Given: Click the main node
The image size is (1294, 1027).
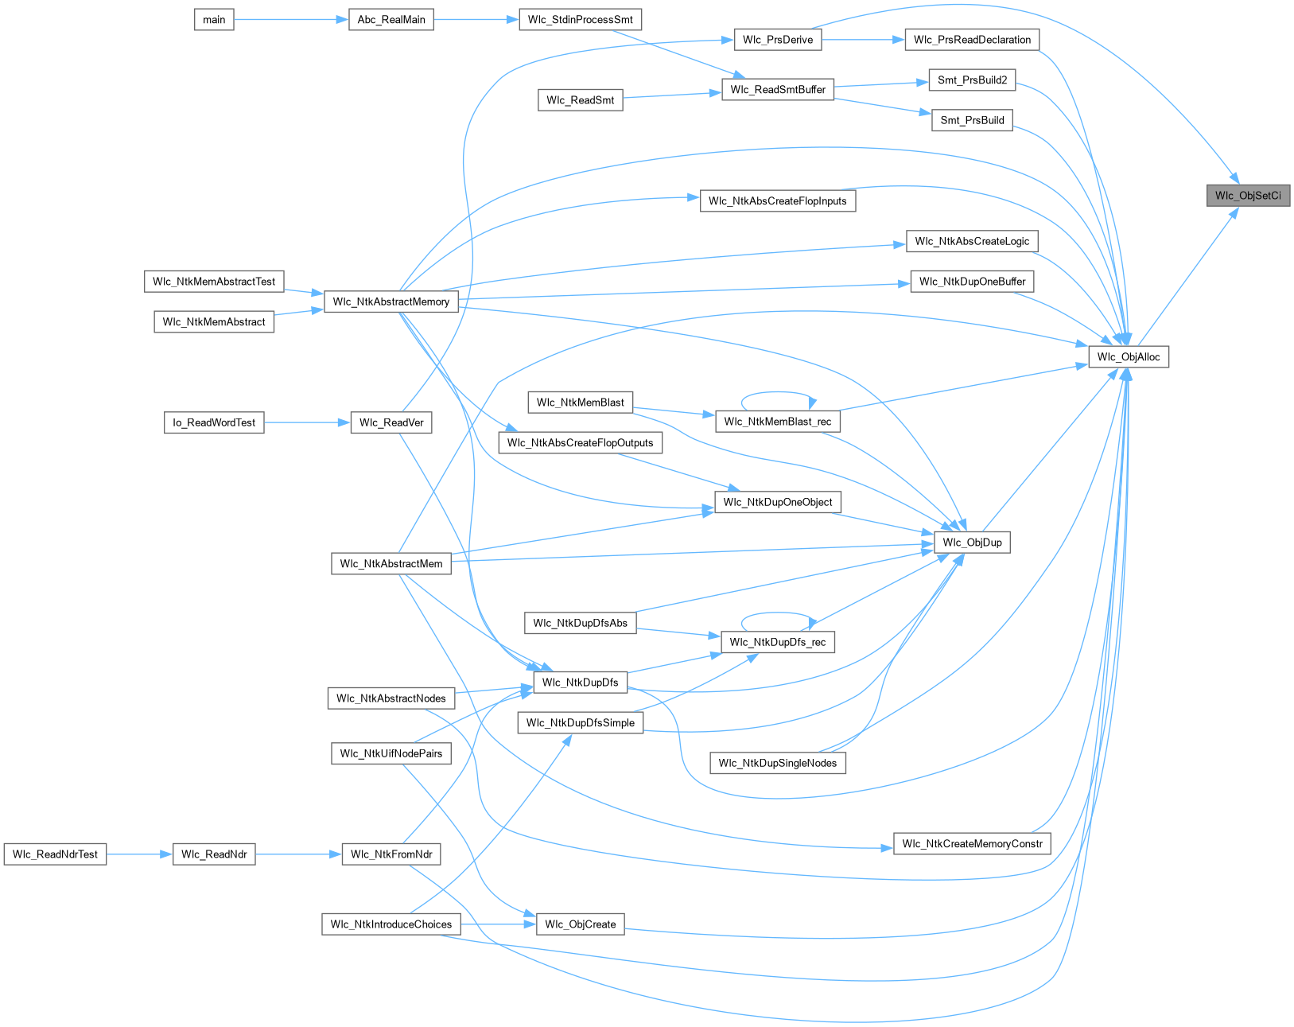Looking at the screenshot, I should click(x=214, y=20).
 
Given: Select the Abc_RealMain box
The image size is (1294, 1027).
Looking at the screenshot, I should click(x=391, y=20).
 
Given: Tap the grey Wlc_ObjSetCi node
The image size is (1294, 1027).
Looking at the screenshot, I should click(x=1247, y=196).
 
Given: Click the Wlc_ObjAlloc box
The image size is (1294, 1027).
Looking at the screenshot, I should click(x=1128, y=357).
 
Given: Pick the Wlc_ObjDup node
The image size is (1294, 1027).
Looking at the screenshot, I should click(x=972, y=543).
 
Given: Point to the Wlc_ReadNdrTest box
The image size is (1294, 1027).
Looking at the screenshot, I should click(x=55, y=854).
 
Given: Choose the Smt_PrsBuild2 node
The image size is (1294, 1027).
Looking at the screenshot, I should click(x=972, y=80).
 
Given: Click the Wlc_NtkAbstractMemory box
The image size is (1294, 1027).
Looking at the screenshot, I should click(x=391, y=301).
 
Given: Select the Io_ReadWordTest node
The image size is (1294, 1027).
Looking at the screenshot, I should click(x=214, y=422).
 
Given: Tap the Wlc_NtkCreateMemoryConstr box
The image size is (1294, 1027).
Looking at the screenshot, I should click(x=972, y=844).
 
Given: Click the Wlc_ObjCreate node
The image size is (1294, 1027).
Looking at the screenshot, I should click(x=580, y=924).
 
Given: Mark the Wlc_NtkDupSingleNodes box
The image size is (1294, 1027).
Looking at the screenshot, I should click(x=777, y=764).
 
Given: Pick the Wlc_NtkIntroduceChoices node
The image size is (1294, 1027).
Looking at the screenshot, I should click(x=391, y=924).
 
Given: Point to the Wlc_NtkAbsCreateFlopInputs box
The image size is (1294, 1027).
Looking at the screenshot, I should click(x=777, y=201).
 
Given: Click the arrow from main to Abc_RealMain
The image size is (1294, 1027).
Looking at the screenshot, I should click(x=291, y=20).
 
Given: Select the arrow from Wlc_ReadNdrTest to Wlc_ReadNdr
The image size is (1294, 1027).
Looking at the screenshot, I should click(x=139, y=854).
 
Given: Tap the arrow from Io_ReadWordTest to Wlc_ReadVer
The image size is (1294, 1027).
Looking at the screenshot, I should click(x=307, y=422).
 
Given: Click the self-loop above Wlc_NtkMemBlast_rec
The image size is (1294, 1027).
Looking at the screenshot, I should click(x=775, y=392).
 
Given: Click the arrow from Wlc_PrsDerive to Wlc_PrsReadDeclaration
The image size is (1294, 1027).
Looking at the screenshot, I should click(x=863, y=40).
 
